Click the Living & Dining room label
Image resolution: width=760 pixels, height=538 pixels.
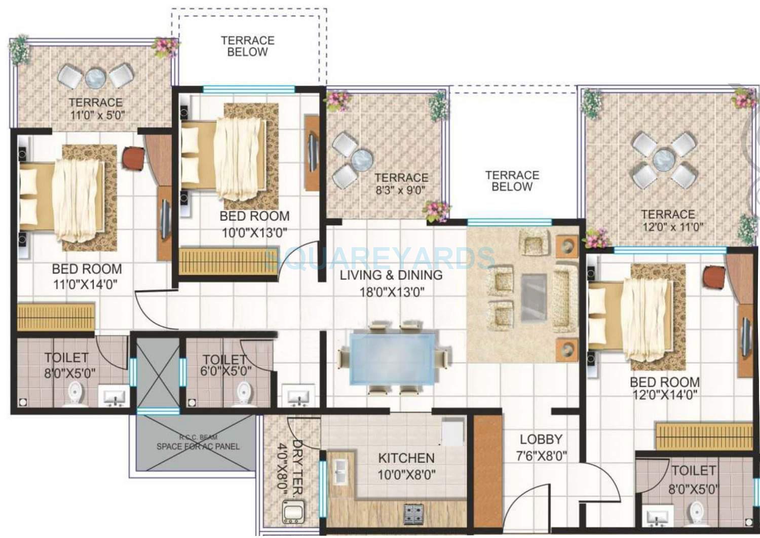pyautogui.click(x=391, y=275)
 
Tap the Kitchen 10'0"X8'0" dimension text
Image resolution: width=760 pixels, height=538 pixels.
pyautogui.click(x=406, y=475)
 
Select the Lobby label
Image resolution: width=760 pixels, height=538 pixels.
pyautogui.click(x=541, y=439)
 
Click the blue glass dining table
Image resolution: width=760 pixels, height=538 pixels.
pyautogui.click(x=393, y=358)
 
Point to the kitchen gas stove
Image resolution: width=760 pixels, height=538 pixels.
pyautogui.click(x=414, y=513)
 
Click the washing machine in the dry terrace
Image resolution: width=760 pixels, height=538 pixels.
pyautogui.click(x=293, y=511)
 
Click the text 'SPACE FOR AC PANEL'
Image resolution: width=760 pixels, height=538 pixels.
pyautogui.click(x=198, y=446)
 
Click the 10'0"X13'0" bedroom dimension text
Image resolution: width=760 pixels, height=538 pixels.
pyautogui.click(x=254, y=233)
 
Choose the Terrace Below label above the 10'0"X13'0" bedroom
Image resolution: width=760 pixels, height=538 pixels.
pyautogui.click(x=247, y=46)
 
